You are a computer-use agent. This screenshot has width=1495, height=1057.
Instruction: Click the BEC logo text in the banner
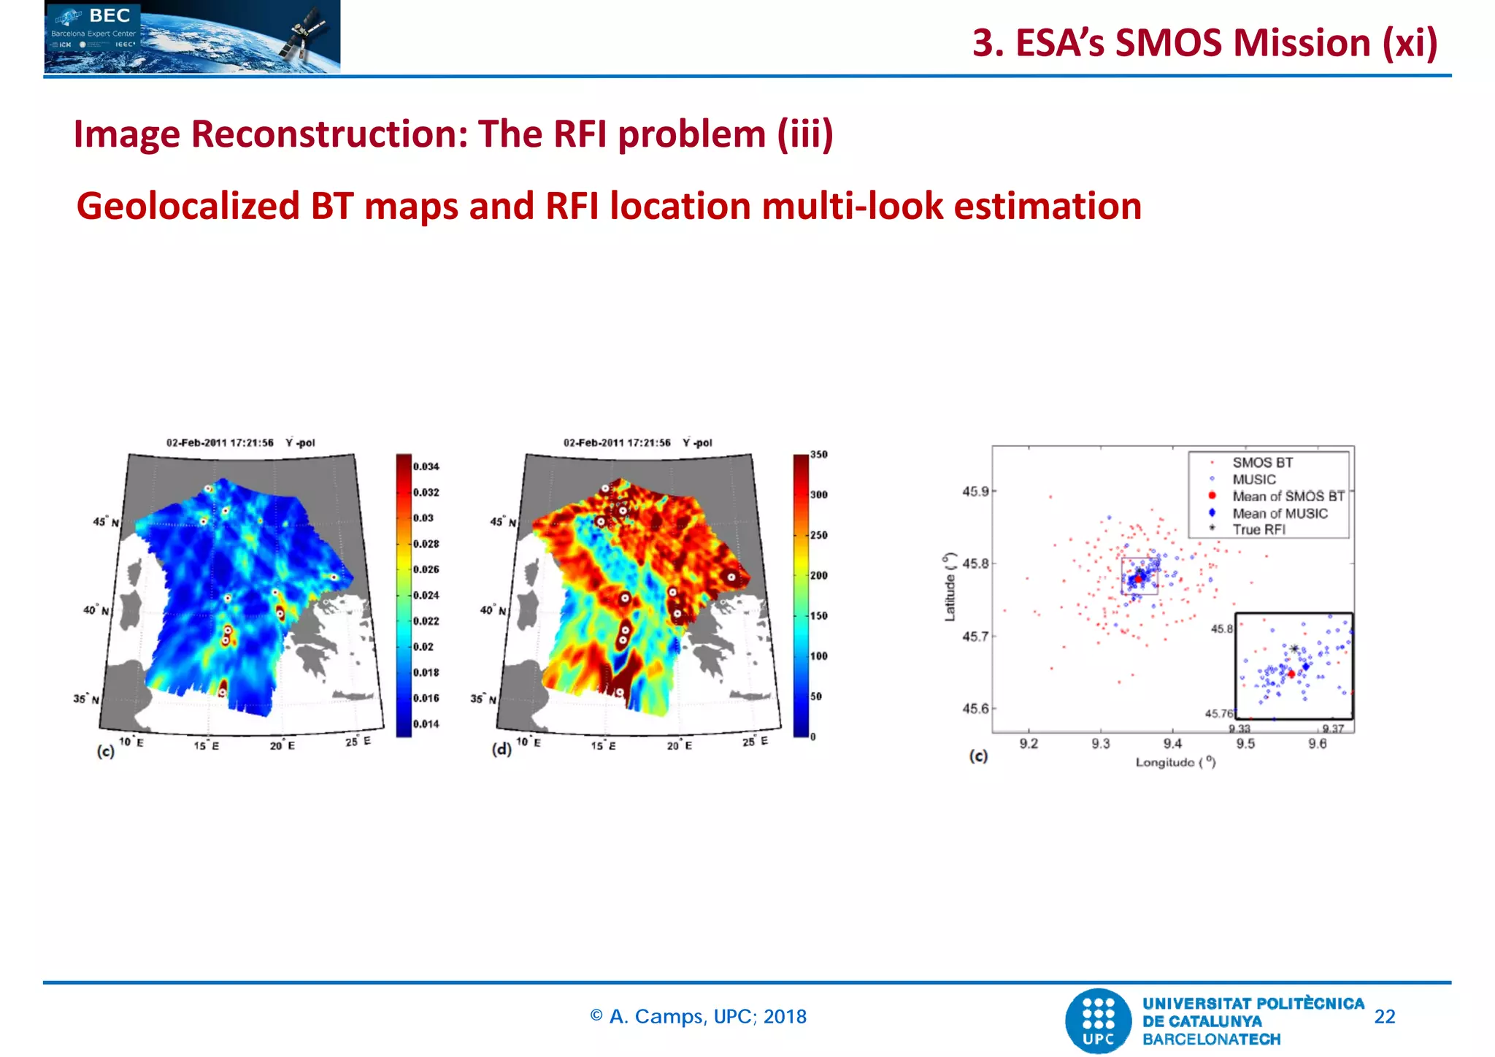pyautogui.click(x=109, y=16)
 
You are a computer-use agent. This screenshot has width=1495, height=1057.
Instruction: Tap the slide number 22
pyautogui.click(x=1384, y=1017)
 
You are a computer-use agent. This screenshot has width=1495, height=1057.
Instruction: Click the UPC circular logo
pyautogui.click(x=1099, y=1021)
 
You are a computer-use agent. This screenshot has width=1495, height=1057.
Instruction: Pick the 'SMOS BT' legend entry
pyautogui.click(x=1262, y=463)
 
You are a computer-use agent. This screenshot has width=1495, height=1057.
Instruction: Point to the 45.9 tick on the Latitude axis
pyautogui.click(x=975, y=492)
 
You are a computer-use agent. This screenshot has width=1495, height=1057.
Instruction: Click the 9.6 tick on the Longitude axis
pyautogui.click(x=1317, y=744)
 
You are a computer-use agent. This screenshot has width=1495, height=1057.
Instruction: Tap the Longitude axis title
pyautogui.click(x=1175, y=762)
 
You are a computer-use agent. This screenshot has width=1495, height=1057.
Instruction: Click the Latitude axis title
pyautogui.click(x=950, y=587)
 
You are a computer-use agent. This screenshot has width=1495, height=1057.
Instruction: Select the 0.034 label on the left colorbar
pyautogui.click(x=426, y=466)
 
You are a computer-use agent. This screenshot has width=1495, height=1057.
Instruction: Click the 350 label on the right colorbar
pyautogui.click(x=819, y=455)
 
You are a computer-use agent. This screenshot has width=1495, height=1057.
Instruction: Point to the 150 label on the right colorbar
pyautogui.click(x=819, y=616)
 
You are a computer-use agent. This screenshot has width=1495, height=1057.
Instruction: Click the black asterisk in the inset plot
pyautogui.click(x=1294, y=648)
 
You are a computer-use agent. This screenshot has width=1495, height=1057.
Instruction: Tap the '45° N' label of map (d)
pyautogui.click(x=503, y=523)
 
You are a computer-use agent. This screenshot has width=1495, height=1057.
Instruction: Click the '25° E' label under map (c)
pyautogui.click(x=358, y=742)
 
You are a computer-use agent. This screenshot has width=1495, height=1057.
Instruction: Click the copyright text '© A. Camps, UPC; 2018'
pyautogui.click(x=698, y=1017)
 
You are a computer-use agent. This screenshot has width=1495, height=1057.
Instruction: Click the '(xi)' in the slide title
pyautogui.click(x=1410, y=42)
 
